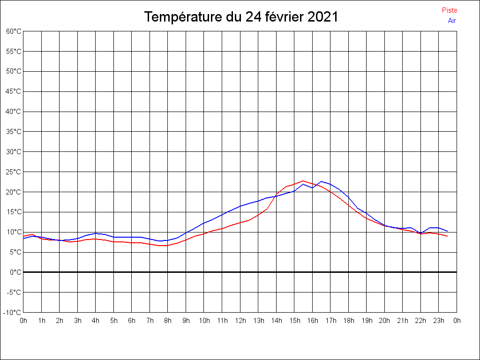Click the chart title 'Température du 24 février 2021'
click(241, 17)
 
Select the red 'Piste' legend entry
click(450, 10)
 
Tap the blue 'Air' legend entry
click(452, 21)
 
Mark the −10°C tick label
click(13, 313)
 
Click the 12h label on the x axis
click(240, 321)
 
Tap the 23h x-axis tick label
click(439, 321)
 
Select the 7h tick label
click(150, 321)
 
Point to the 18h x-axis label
click(348, 321)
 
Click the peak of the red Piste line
click(303, 180)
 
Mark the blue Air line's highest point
click(322, 181)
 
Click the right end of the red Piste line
click(448, 236)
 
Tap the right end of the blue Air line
click(448, 231)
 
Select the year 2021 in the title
click(323, 17)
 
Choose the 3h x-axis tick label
click(78, 321)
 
